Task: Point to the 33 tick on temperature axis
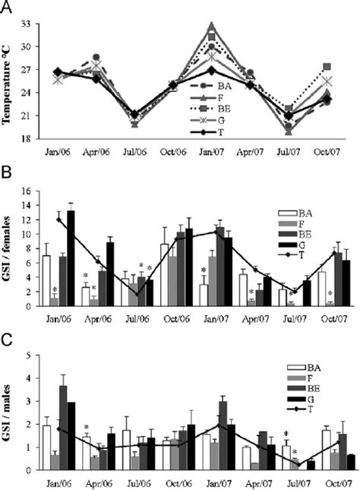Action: (39, 24)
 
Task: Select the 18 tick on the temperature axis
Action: (39, 139)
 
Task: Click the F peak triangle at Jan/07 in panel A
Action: (213, 26)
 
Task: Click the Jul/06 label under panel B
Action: (135, 321)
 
